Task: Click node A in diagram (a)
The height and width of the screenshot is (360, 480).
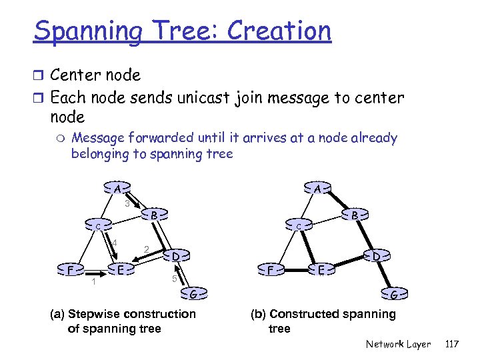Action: click(117, 188)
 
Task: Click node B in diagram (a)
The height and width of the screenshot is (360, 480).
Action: click(153, 215)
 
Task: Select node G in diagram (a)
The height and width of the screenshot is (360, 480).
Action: click(193, 294)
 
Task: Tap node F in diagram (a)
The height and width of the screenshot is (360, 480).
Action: click(70, 270)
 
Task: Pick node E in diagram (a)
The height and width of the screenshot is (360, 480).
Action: click(121, 269)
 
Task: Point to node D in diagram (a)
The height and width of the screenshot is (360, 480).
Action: click(174, 255)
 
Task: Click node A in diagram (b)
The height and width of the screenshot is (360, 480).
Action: click(318, 189)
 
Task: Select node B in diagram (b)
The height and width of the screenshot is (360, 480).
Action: click(355, 215)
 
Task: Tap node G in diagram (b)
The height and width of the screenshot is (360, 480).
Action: click(394, 294)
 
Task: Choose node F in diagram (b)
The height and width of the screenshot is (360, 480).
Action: click(270, 270)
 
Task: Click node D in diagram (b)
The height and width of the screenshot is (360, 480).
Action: click(376, 255)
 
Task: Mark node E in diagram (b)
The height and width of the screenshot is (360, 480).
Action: click(321, 269)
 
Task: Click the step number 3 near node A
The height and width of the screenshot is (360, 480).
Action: click(127, 203)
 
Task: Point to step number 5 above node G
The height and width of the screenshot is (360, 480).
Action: click(174, 277)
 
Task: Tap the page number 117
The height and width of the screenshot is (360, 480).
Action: click(451, 344)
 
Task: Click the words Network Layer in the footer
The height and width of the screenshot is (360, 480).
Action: click(398, 344)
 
